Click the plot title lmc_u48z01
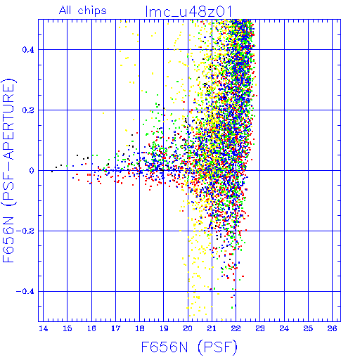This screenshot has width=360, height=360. pos(188,11)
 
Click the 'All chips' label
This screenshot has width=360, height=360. pos(83,11)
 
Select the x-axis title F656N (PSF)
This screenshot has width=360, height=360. pos(189,347)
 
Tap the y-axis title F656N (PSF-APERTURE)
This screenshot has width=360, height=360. pos(8,170)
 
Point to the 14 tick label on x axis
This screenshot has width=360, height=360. pos(44,328)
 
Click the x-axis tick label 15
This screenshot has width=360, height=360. pos(67,328)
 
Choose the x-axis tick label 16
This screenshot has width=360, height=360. pos(91,328)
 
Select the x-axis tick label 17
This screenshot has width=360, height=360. pos(115,328)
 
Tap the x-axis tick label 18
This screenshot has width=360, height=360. pos(140,328)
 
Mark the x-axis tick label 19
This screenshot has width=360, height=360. pos(164,328)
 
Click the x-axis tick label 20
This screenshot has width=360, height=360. pos(188,328)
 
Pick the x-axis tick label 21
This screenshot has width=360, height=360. pos(212,328)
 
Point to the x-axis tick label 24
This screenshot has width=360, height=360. pos(284,328)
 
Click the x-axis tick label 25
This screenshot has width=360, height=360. pos(308,328)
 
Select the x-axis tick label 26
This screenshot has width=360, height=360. pos(333,328)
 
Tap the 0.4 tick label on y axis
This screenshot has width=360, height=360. pos(28,50)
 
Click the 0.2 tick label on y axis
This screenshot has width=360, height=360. pos(28,110)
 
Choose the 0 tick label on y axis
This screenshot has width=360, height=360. pos(32,171)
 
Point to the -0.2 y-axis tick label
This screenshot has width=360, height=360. pos(25,231)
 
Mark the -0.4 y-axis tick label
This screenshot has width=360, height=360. pos(25,292)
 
